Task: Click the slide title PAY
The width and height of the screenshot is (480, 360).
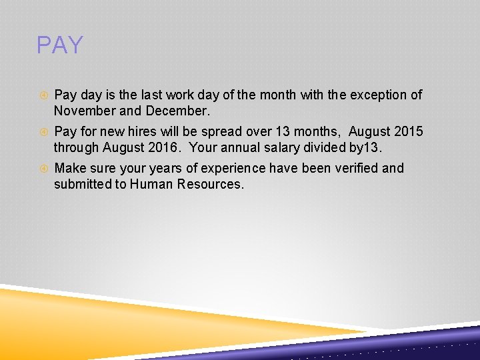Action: pos(60,45)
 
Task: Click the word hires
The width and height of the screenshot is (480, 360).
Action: pos(144,131)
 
